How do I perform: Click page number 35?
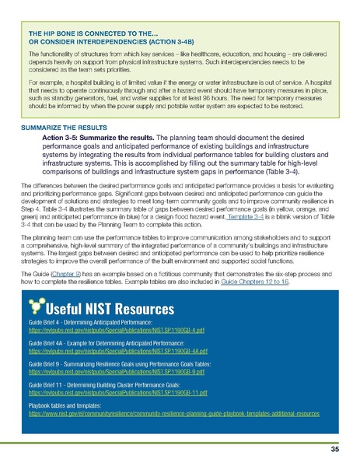click(x=334, y=449)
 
